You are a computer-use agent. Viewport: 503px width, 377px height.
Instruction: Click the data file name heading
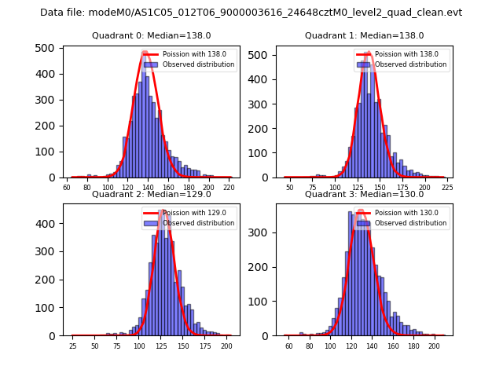[x=251, y=13]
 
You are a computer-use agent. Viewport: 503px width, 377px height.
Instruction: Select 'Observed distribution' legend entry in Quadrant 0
[x=198, y=64]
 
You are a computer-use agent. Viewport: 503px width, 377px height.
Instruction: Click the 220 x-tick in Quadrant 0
[x=229, y=188]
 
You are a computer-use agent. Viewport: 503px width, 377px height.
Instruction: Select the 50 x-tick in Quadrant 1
[x=290, y=188]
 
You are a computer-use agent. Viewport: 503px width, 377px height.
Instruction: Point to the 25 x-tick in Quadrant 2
[x=72, y=346]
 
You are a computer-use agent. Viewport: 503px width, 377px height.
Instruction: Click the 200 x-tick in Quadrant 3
[x=434, y=346]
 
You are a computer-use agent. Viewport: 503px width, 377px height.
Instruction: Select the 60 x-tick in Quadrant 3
[x=289, y=346]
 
